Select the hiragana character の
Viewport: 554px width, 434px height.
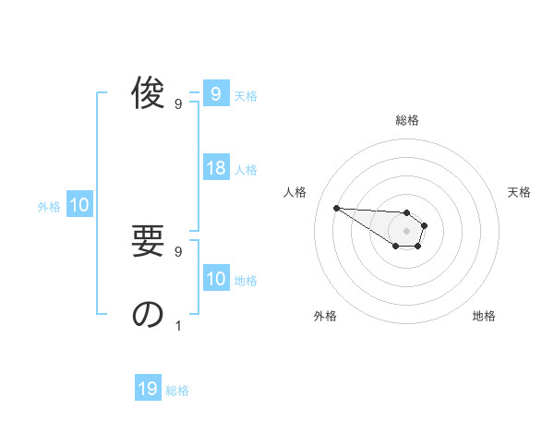tap(148, 315)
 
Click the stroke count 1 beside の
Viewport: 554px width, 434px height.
tap(178, 325)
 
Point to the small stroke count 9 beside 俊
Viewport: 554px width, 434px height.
tap(178, 103)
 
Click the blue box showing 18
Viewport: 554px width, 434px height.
tap(216, 168)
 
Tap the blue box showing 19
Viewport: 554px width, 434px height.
tap(148, 389)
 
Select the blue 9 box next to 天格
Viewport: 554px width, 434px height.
tap(216, 94)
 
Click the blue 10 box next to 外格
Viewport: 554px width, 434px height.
tap(79, 205)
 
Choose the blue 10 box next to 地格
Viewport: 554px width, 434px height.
tap(216, 279)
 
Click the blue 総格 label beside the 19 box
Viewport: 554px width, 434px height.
tap(177, 391)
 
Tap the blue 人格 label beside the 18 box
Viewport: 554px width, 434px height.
tap(246, 170)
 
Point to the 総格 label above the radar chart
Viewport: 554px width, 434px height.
tap(407, 120)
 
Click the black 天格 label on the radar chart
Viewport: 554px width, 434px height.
tap(520, 192)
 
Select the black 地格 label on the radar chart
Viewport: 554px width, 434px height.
tap(484, 316)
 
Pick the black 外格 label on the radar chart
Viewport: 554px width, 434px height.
tap(325, 316)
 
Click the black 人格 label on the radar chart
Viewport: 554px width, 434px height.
tap(295, 192)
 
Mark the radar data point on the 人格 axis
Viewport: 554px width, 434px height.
tap(336, 208)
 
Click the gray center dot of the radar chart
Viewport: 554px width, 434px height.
tap(407, 231)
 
